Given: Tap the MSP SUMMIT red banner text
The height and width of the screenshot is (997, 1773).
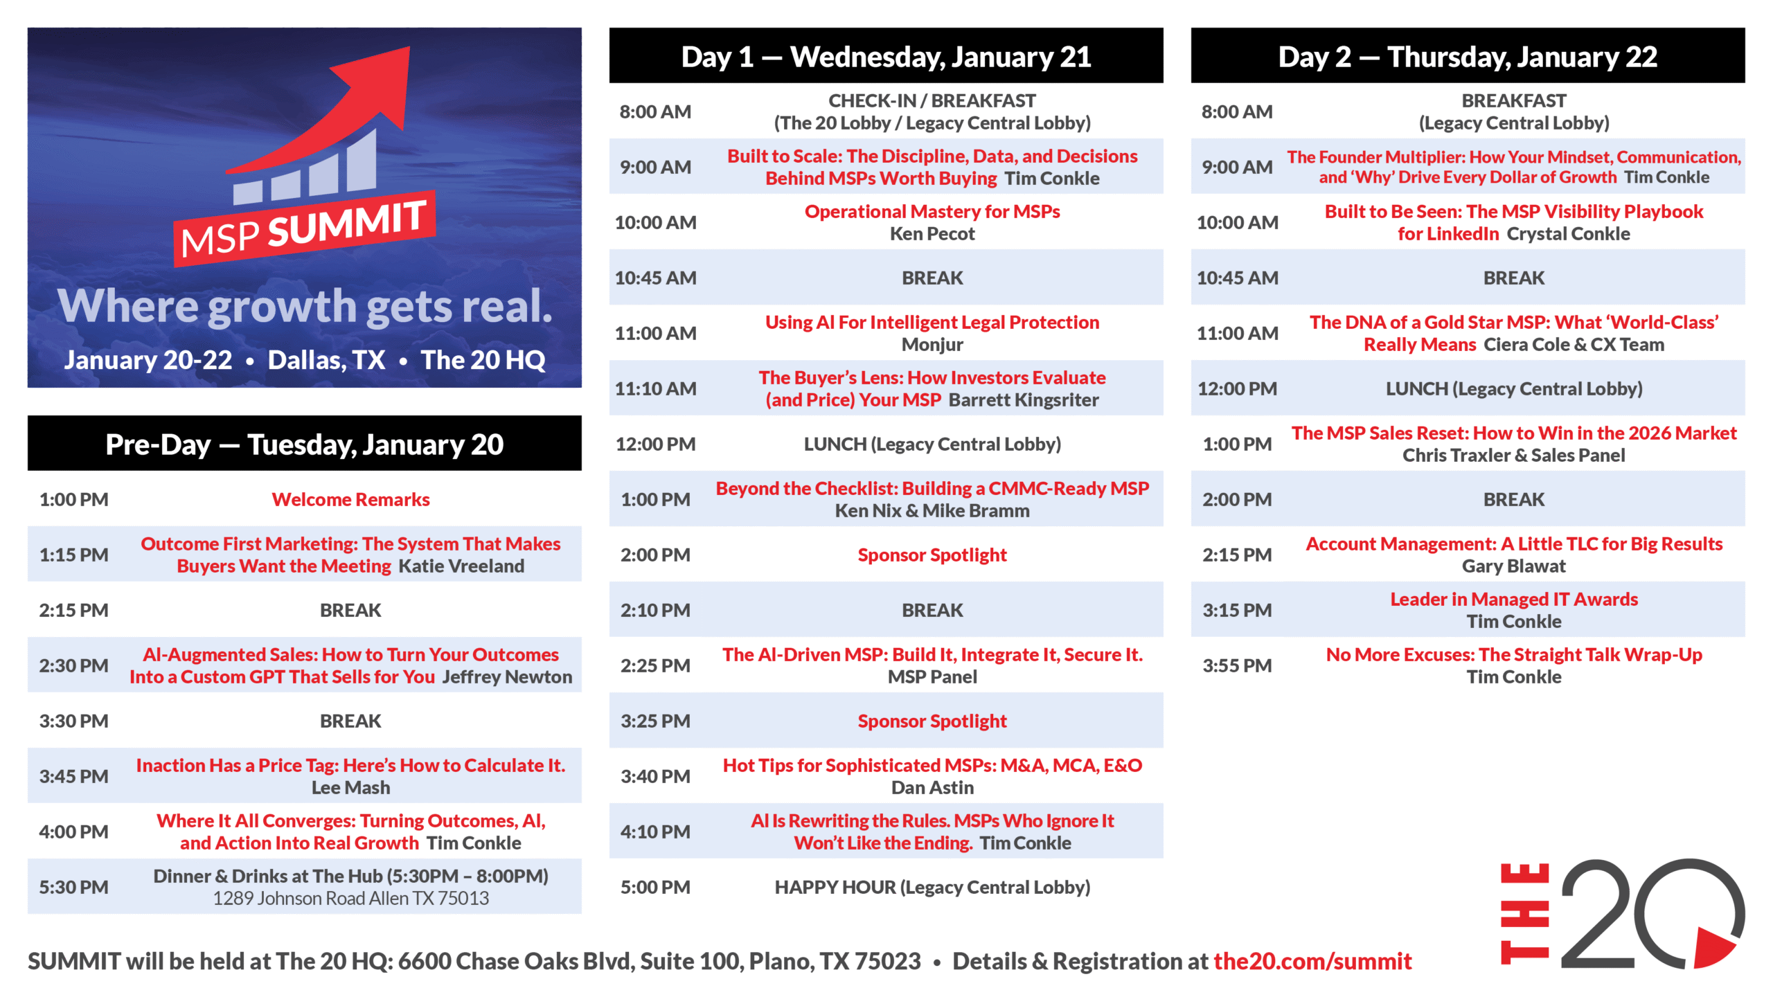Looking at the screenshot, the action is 303,228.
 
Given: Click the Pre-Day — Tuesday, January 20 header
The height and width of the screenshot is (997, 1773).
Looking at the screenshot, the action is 305,444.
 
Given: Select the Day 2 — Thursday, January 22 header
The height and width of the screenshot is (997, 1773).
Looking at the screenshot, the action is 1468,56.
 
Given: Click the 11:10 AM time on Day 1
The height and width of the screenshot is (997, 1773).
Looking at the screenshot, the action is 655,388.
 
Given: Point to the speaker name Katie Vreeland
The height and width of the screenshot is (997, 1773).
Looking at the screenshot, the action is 461,566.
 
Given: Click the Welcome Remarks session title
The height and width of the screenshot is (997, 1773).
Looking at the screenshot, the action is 350,499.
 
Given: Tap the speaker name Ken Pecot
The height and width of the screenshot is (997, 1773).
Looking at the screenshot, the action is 932,233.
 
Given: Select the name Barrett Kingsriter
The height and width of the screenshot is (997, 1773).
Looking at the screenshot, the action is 1024,399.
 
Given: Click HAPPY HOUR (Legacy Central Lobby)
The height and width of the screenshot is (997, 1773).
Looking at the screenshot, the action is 932,887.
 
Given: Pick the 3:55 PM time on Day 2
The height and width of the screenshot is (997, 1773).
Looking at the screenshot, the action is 1237,665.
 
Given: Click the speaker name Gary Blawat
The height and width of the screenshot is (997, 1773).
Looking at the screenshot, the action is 1513,566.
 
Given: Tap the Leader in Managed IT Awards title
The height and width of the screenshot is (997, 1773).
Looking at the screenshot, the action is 1514,599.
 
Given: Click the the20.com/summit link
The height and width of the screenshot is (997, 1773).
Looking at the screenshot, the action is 1312,961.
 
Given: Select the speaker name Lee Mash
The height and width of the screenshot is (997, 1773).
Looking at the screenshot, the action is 350,787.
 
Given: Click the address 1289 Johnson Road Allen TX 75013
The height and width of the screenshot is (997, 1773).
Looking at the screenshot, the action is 350,898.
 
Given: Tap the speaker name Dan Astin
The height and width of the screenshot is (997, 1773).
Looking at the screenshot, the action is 932,787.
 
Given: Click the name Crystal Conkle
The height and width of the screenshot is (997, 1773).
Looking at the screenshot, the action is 1568,233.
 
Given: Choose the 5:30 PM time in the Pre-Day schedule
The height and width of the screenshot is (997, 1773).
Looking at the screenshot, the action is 73,887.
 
